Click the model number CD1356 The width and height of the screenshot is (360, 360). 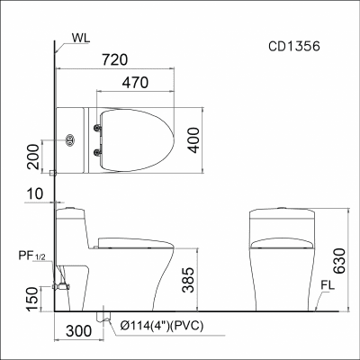click(x=294, y=46)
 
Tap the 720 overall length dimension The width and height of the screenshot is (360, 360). click(x=115, y=59)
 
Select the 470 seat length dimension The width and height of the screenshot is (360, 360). click(x=135, y=82)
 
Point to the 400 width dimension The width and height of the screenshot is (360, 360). click(x=194, y=140)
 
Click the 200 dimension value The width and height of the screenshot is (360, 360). click(x=33, y=157)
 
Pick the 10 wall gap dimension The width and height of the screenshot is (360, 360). click(x=35, y=193)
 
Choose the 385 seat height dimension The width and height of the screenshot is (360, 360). click(x=189, y=280)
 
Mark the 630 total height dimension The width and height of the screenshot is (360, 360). click(x=339, y=261)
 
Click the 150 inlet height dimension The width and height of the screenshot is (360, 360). click(x=32, y=299)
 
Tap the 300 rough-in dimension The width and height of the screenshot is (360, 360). click(x=79, y=331)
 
